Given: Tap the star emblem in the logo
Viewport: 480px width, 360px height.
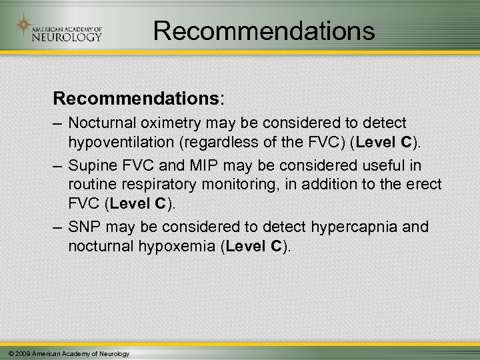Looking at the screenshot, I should (x=24, y=26).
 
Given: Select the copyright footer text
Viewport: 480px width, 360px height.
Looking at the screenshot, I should (x=65, y=353).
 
